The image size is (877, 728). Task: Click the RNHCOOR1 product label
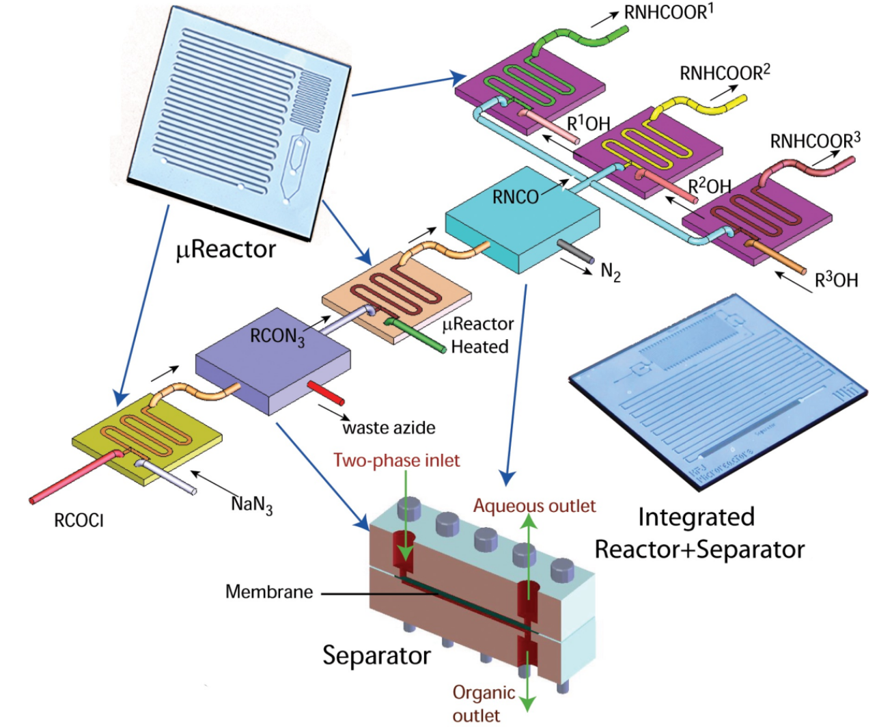coord(668,12)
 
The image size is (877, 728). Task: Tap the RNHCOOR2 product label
coord(725,72)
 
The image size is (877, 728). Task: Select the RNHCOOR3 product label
coord(815,141)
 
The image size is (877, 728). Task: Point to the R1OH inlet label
coord(588,124)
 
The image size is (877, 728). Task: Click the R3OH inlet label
coord(836,280)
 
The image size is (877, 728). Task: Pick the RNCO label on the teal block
coord(516,197)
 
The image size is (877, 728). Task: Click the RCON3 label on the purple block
coord(277,336)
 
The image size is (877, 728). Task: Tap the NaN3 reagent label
coord(251,504)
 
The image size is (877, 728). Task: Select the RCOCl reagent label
coord(79,521)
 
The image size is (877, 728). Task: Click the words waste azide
coord(389,428)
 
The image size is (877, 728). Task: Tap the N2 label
coord(610,273)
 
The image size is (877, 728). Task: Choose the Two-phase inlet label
coord(396,461)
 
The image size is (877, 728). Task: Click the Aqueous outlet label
coord(534,506)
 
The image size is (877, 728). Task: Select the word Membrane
coord(269,592)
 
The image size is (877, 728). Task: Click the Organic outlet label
coord(484,703)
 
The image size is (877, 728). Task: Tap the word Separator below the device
coord(376,655)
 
